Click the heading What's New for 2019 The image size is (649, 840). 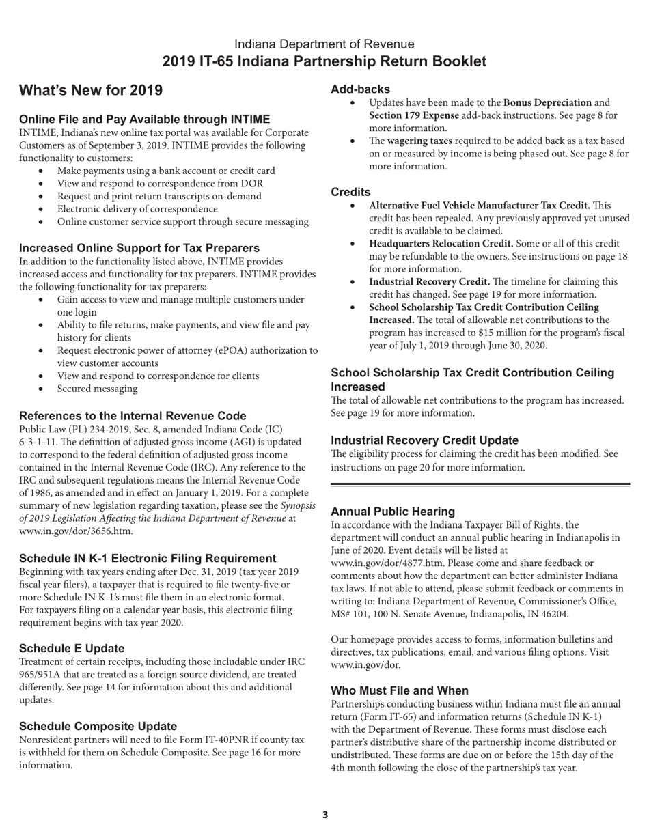[x=91, y=91]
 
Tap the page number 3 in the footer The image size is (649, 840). [x=325, y=814]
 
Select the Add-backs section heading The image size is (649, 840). [x=361, y=89]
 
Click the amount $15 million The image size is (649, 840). [x=521, y=333]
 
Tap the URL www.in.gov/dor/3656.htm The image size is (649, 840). [x=76, y=531]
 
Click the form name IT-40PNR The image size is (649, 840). [x=205, y=740]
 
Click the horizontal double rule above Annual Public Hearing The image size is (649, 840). [x=480, y=484]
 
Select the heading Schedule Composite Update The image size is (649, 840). [x=98, y=726]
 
